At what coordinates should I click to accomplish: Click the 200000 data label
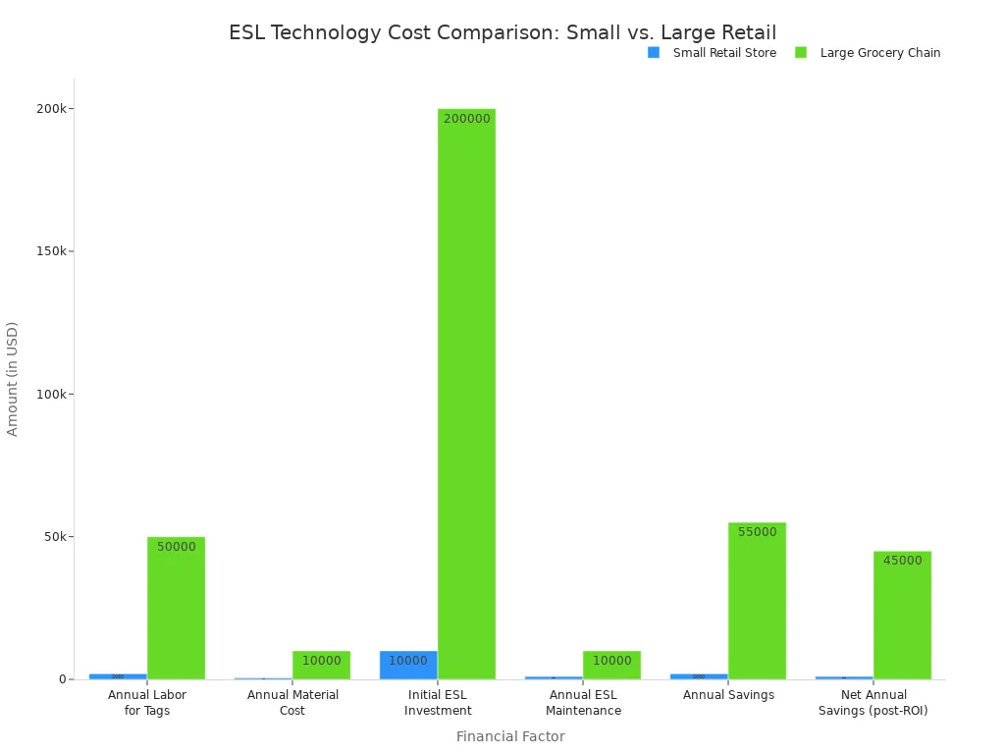[x=466, y=119]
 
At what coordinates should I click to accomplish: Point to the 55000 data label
[x=757, y=532]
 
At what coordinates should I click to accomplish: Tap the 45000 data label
[x=902, y=561]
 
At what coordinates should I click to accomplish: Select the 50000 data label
[x=176, y=547]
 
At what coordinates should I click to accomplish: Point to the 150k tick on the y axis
[x=50, y=251]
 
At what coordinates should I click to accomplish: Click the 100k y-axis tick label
[x=50, y=394]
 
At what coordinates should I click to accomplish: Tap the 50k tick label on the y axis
[x=53, y=537]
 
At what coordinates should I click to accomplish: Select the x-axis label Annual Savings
[x=728, y=695]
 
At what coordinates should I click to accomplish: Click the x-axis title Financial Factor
[x=510, y=736]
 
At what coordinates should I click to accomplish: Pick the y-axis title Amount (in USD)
[x=13, y=379]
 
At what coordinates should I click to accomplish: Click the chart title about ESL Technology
[x=502, y=33]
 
